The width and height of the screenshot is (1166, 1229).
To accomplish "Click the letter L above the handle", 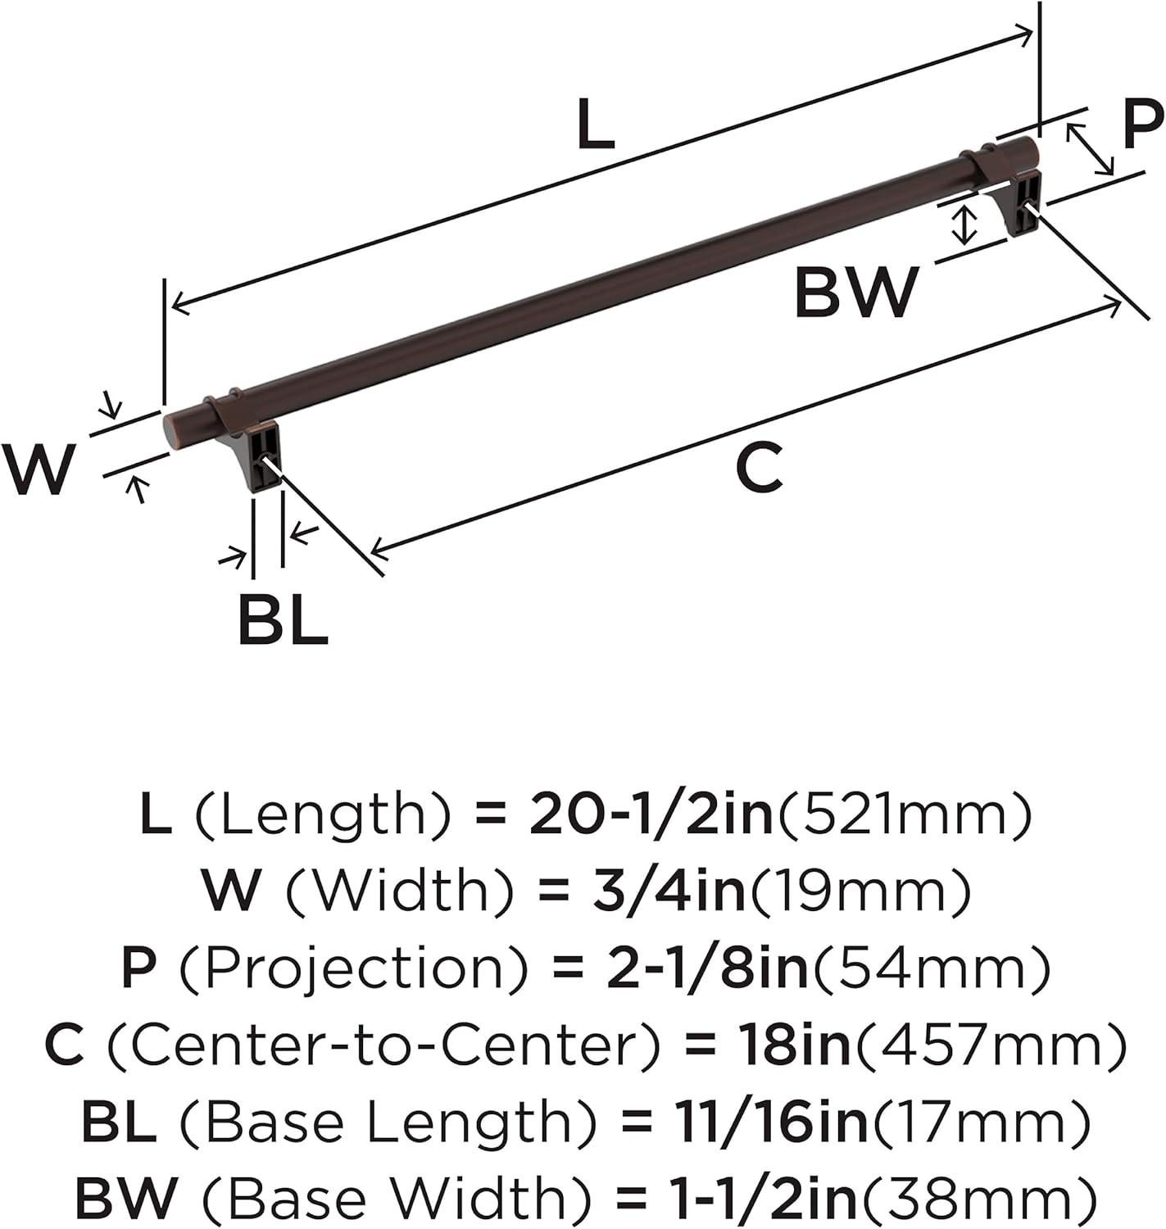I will tap(596, 125).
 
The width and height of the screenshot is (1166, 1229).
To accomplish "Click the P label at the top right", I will tap(1141, 125).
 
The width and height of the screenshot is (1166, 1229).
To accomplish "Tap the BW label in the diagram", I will tap(856, 293).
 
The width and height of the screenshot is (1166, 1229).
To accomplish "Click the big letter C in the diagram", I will tap(759, 468).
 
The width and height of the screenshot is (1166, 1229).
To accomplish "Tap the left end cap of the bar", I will tap(175, 428).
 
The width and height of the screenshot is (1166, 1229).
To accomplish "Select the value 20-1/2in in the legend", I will tap(651, 815).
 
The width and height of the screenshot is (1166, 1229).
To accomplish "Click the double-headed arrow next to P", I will tap(1090, 149).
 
